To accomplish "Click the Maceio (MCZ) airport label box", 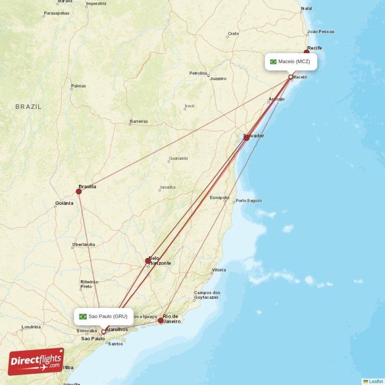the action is [x=291, y=62].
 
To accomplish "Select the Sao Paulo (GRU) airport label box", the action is [x=104, y=316].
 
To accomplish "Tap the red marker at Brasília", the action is [x=79, y=191].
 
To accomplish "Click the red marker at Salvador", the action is [x=246, y=138].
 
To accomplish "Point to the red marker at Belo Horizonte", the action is [x=148, y=261].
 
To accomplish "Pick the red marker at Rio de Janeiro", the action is [x=161, y=320].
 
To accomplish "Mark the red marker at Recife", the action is [x=307, y=52].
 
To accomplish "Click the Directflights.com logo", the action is [x=36, y=361].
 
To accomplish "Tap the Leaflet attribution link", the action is [x=375, y=381].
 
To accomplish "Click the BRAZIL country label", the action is [x=28, y=106].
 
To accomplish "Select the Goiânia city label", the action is [x=64, y=203].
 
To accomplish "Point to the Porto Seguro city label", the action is [x=248, y=201].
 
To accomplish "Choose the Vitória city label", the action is [x=218, y=270].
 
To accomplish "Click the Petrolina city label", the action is [x=198, y=73].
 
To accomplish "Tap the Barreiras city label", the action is [x=139, y=122].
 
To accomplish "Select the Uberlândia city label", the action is [x=83, y=244].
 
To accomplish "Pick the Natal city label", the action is [x=306, y=9].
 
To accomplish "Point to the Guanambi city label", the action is [x=178, y=158].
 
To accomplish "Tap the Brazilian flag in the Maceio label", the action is [x=273, y=62].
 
